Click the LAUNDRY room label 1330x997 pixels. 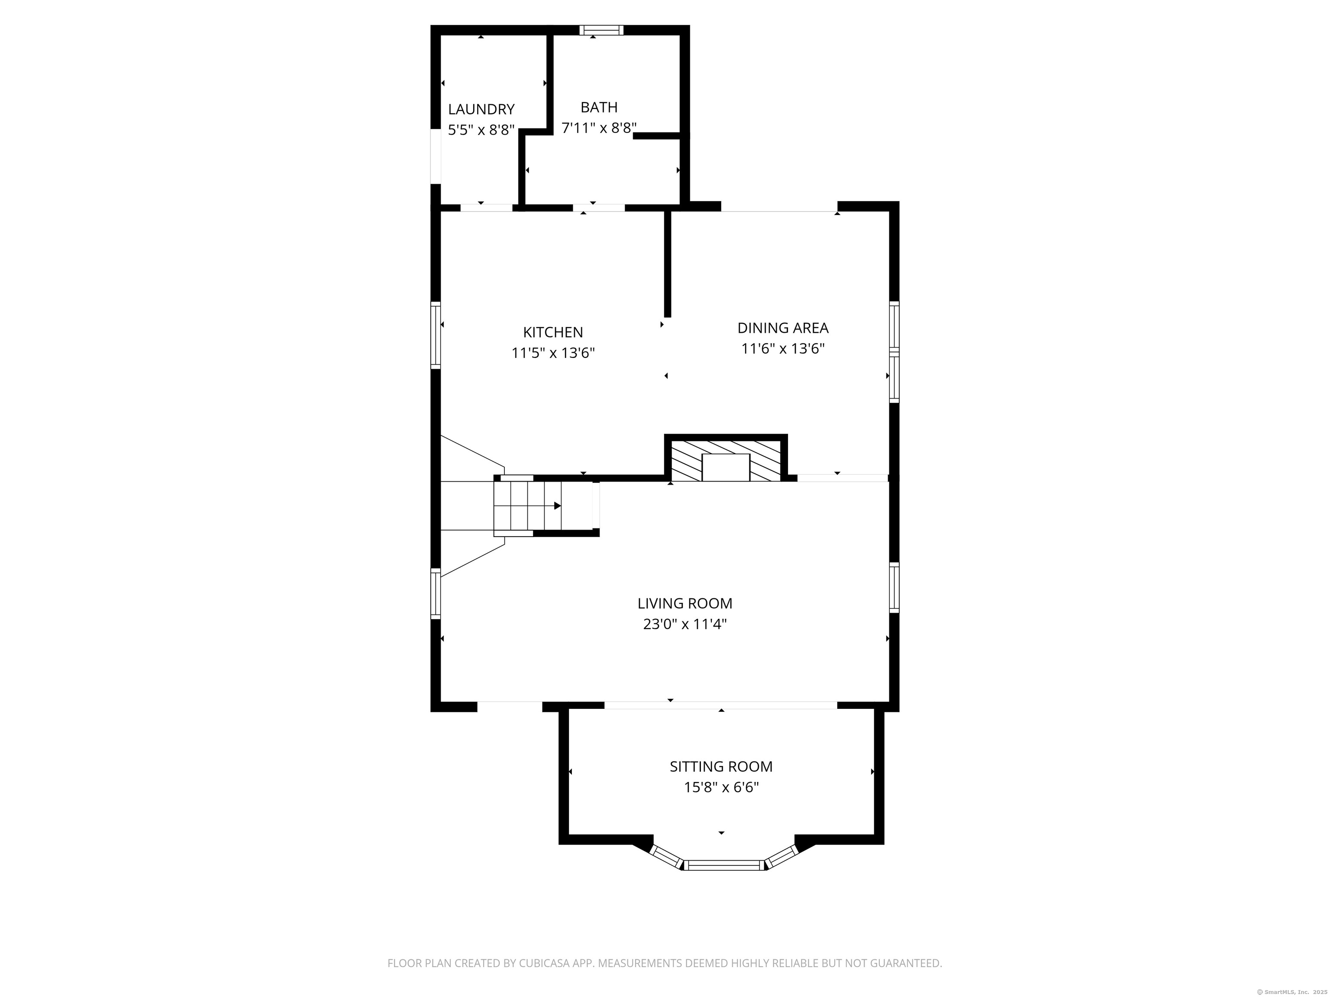[481, 109]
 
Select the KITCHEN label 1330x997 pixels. [552, 332]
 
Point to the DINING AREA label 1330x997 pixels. [782, 328]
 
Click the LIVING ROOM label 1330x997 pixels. [685, 603]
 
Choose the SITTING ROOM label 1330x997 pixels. [721, 767]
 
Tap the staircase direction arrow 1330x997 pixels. [557, 506]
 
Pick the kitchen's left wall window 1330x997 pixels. [435, 335]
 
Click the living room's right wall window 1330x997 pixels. [894, 587]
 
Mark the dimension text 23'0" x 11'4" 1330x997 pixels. [685, 624]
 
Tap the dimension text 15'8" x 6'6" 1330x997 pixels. [721, 787]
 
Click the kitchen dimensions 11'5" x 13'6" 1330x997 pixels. [552, 353]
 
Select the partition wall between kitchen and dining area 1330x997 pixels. [667, 264]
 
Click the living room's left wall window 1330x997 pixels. [435, 593]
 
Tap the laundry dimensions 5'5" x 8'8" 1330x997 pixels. [481, 130]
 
